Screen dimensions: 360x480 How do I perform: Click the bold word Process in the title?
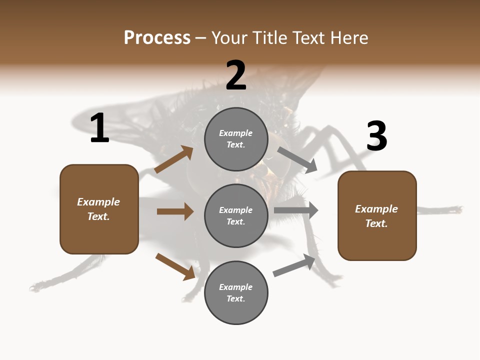[157, 37]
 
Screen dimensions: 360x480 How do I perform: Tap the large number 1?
[99, 128]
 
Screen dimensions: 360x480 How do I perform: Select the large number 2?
[236, 75]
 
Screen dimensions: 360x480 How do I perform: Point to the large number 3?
[376, 136]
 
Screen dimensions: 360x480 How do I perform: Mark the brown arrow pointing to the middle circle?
[175, 211]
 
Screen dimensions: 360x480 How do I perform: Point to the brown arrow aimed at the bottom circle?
[175, 266]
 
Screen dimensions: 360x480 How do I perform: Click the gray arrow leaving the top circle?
[297, 160]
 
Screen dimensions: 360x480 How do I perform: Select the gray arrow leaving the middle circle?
[296, 210]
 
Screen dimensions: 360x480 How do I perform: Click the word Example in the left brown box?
[98, 202]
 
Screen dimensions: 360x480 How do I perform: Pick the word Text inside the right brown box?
[376, 223]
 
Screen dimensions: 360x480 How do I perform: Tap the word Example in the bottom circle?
[236, 287]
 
